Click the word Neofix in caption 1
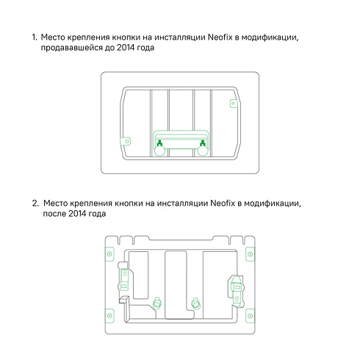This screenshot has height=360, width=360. point(220,37)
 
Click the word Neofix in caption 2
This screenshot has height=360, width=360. point(223,204)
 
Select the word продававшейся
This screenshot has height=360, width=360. point(71,48)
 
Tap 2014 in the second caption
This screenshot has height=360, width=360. point(77,214)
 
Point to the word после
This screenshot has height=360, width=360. point(54,214)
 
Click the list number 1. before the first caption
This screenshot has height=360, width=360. point(35,37)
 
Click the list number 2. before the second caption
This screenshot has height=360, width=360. point(35,204)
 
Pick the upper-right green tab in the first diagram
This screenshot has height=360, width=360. point(234,104)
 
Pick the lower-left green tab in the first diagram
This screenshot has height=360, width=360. point(126,141)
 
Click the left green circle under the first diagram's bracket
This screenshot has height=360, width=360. point(159,151)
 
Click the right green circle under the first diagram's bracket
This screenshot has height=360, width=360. point(203,151)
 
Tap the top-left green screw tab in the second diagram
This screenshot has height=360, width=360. point(109,254)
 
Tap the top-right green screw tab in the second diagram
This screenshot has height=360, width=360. point(251,254)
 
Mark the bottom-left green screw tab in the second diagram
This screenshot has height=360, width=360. point(109,316)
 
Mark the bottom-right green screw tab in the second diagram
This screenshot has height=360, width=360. point(251,316)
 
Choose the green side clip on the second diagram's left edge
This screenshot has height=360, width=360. point(124,278)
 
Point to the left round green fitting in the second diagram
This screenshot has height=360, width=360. point(157,303)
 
